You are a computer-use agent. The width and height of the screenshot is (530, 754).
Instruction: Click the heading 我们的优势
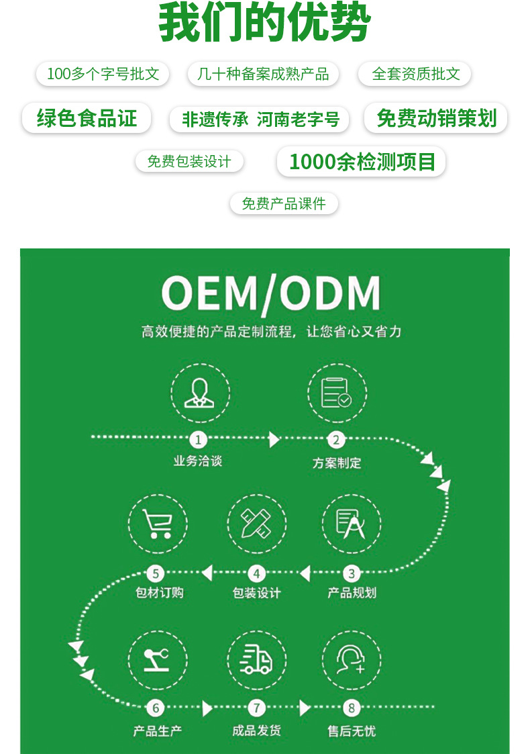(x=264, y=24)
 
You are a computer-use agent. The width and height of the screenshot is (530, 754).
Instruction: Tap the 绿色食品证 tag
(x=87, y=119)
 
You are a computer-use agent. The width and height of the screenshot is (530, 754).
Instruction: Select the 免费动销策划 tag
(x=436, y=119)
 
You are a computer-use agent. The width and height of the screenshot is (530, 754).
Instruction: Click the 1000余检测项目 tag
(x=362, y=162)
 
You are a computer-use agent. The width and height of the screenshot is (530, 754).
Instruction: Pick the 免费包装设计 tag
(x=189, y=162)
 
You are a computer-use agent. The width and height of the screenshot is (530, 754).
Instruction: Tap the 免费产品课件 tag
(x=284, y=203)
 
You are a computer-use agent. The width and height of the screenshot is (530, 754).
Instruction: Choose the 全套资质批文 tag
(x=415, y=74)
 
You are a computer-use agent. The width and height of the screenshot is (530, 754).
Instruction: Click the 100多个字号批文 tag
(x=103, y=74)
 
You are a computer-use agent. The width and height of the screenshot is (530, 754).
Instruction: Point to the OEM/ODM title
(x=271, y=293)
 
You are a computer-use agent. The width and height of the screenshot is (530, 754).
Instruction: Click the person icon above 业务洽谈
(x=198, y=393)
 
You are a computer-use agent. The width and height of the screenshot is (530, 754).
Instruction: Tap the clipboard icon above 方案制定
(x=336, y=393)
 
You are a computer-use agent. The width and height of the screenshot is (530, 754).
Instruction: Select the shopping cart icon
(x=157, y=524)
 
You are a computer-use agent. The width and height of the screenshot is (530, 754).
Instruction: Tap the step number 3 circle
(x=351, y=573)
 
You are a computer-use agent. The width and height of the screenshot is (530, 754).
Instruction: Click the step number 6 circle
(x=156, y=708)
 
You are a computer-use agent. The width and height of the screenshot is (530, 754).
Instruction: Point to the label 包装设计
(x=256, y=593)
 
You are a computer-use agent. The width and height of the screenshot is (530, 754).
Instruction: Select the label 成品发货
(x=256, y=731)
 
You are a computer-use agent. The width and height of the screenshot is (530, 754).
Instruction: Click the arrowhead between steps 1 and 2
(x=274, y=440)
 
